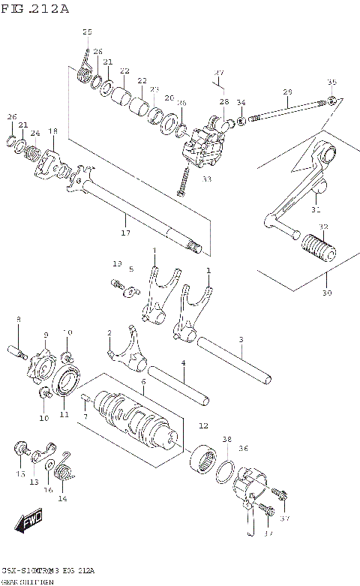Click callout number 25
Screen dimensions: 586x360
point(88,32)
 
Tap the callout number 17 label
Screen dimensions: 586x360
point(126,233)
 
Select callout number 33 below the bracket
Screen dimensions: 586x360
point(207,179)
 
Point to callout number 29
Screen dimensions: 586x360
point(286,92)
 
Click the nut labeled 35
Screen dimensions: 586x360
point(331,101)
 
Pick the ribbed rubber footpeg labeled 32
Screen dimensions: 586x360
point(314,247)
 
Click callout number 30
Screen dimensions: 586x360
point(326,293)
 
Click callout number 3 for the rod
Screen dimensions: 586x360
point(241,340)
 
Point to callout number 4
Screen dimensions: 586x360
point(183,364)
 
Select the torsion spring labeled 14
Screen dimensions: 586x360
point(65,474)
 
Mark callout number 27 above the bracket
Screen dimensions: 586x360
point(219,73)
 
